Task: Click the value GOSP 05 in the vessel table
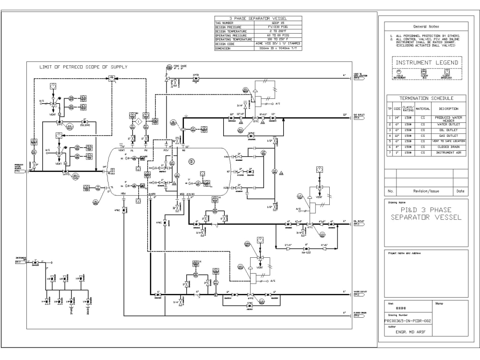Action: (279, 23)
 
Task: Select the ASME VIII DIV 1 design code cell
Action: (279, 44)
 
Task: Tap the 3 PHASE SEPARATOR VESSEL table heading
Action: (258, 18)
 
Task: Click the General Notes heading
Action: (426, 26)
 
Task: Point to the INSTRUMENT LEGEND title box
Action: (427, 62)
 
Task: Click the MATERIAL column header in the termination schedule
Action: (422, 109)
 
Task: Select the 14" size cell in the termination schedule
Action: (397, 118)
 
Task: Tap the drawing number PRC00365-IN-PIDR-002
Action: (408, 321)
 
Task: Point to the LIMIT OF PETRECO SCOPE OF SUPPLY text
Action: (84, 67)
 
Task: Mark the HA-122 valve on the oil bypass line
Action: (306, 252)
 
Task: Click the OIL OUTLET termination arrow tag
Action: (357, 224)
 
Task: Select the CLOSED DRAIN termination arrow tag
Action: (357, 315)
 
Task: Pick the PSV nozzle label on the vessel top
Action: (167, 150)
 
